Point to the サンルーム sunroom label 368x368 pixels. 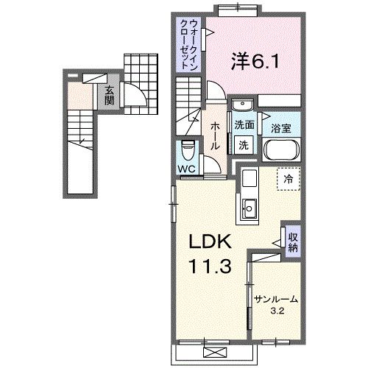pos(276,299)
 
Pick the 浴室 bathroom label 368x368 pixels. pos(281,128)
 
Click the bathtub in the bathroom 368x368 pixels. pos(280,151)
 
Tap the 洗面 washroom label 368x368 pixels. pos(244,125)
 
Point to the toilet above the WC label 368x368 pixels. pos(188,152)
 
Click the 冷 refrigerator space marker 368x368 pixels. pos(289,179)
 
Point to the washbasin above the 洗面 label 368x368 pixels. pos(243,107)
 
